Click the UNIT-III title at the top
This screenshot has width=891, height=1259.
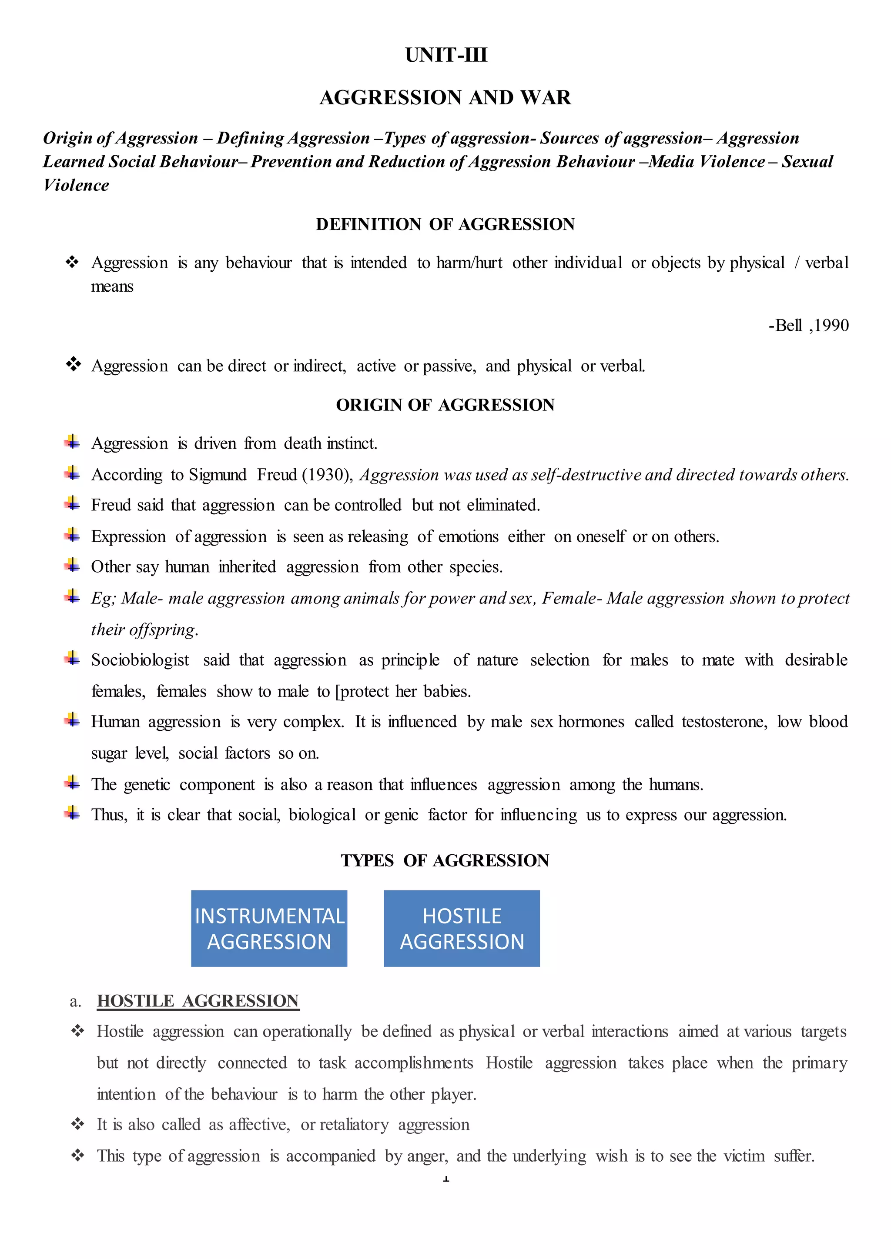click(445, 55)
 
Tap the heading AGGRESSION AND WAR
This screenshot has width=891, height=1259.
click(445, 98)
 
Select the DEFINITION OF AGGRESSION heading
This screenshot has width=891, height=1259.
click(445, 224)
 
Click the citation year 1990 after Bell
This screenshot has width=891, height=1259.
click(831, 326)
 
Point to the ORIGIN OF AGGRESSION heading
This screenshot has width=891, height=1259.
click(445, 405)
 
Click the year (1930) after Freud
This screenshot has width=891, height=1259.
click(328, 475)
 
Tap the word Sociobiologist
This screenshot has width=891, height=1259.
click(140, 660)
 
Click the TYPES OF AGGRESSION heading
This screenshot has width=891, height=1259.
click(445, 860)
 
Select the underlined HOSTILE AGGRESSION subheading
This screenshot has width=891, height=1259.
click(198, 1001)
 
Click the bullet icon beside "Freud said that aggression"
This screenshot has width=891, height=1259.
click(72, 503)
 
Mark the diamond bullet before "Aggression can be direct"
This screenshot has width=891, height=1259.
click(73, 364)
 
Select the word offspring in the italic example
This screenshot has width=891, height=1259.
click(162, 629)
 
